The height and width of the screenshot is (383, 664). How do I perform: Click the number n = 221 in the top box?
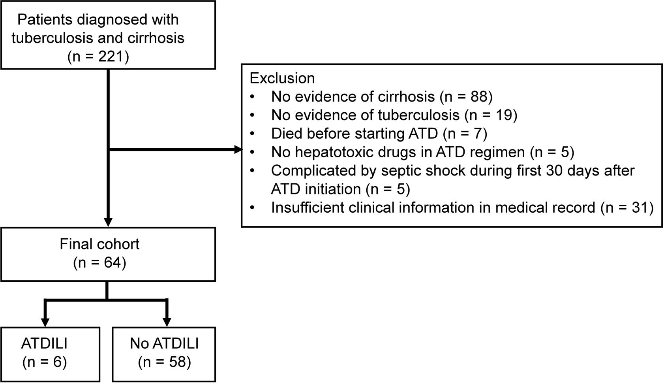pyautogui.click(x=98, y=57)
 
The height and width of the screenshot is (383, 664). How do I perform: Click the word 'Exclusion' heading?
pyautogui.click(x=282, y=78)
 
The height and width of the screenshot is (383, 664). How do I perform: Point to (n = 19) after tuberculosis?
pyautogui.click(x=491, y=115)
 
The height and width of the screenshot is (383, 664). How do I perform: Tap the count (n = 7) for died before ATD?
pyautogui.click(x=465, y=134)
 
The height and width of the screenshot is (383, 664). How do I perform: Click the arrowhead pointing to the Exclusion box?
pyautogui.click(x=238, y=150)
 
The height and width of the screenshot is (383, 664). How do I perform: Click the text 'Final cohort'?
pyautogui.click(x=99, y=244)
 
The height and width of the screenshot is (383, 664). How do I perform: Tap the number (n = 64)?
pyautogui.click(x=99, y=263)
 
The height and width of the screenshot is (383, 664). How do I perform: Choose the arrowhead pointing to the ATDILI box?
pyautogui.click(x=45, y=322)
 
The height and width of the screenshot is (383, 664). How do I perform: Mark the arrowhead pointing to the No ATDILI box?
pyautogui.click(x=167, y=322)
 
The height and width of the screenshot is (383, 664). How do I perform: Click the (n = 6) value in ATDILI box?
pyautogui.click(x=44, y=362)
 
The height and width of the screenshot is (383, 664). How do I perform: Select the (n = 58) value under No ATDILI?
pyautogui.click(x=164, y=362)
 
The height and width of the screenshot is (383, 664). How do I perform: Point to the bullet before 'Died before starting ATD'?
pyautogui.click(x=253, y=134)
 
